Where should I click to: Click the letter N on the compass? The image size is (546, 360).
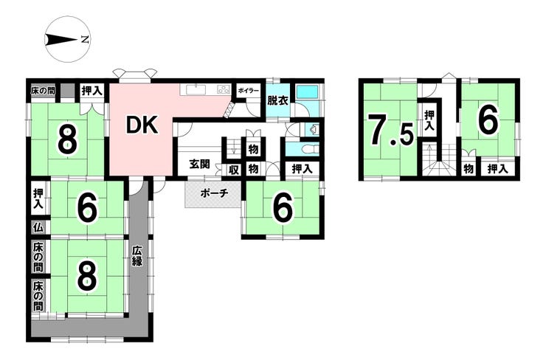pyautogui.click(x=85, y=38)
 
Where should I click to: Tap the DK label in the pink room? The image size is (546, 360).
pyautogui.click(x=142, y=126)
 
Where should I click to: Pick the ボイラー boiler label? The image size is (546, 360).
pyautogui.click(x=248, y=91)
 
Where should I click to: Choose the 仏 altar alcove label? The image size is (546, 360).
pyautogui.click(x=38, y=228)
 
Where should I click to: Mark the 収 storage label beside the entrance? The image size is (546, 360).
pyautogui.click(x=233, y=170)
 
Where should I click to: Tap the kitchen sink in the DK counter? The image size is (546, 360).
pyautogui.click(x=196, y=89)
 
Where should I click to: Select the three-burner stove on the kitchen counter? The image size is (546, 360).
pyautogui.click(x=222, y=89)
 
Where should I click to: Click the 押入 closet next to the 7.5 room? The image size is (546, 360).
pyautogui.click(x=429, y=122)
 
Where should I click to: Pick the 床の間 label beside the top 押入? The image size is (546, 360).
pyautogui.click(x=42, y=91)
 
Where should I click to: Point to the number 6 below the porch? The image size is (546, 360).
pyautogui.click(x=282, y=208)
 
